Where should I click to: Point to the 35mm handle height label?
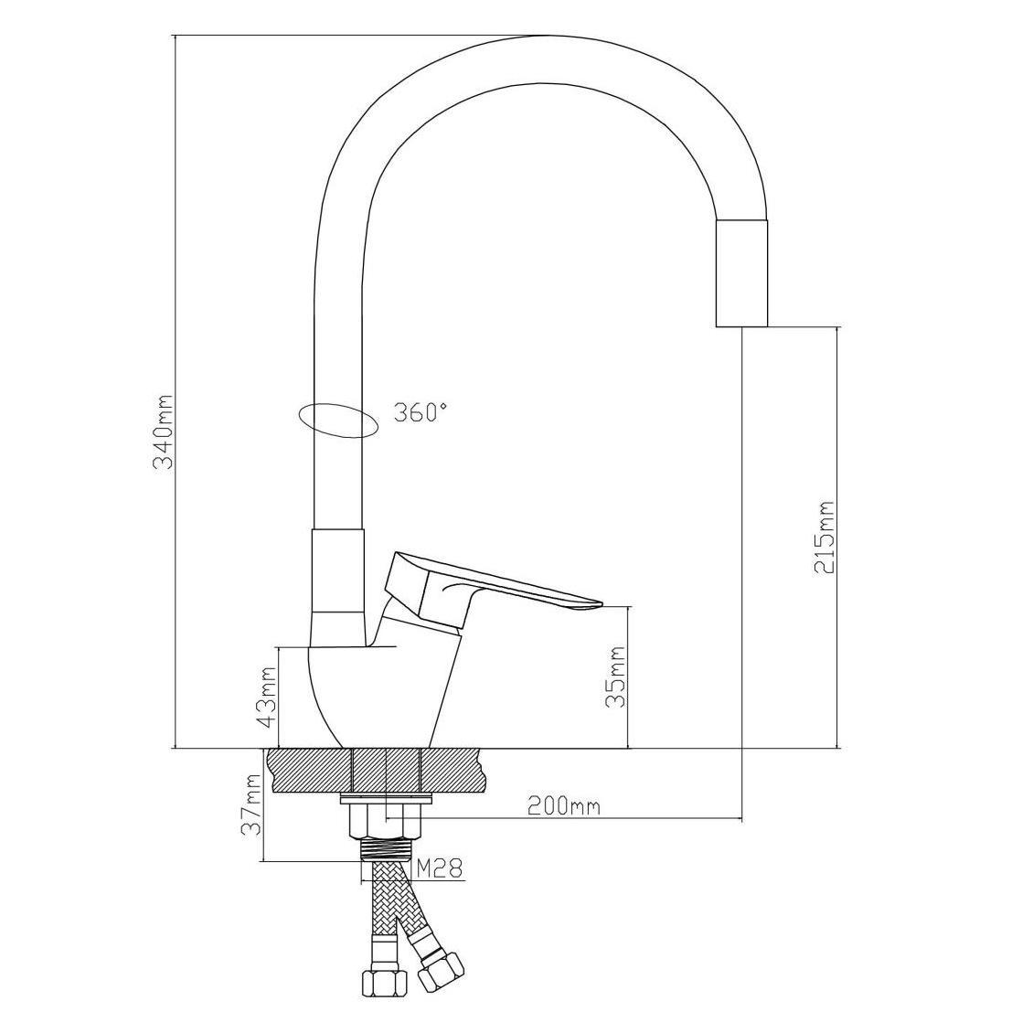pos(616,676)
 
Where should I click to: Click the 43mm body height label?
pos(266,697)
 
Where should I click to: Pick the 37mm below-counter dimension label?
pos(253,804)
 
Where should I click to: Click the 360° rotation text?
pos(421,412)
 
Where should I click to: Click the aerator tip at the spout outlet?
pos(740,273)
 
